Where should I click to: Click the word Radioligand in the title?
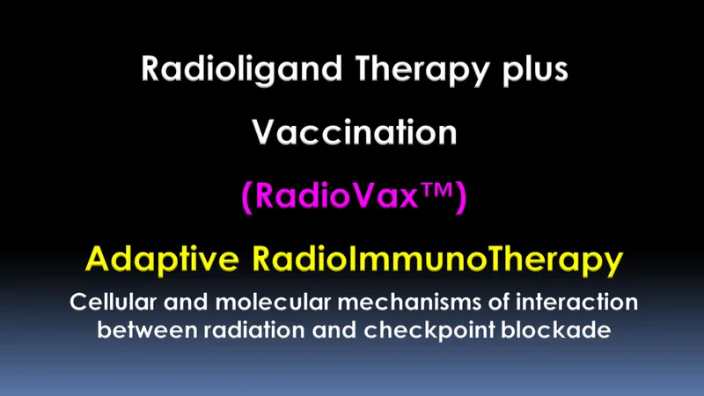point(241,70)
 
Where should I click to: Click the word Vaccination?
point(355,132)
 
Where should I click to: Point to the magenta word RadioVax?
point(336,195)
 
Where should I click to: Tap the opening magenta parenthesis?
point(247,197)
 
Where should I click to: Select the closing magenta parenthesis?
point(461,197)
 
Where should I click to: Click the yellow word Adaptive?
point(162,259)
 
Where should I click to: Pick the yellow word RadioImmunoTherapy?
point(437,260)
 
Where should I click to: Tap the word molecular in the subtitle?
point(273,302)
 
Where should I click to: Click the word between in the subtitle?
point(147,330)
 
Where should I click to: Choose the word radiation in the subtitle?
point(254,330)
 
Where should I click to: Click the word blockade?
point(556,330)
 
